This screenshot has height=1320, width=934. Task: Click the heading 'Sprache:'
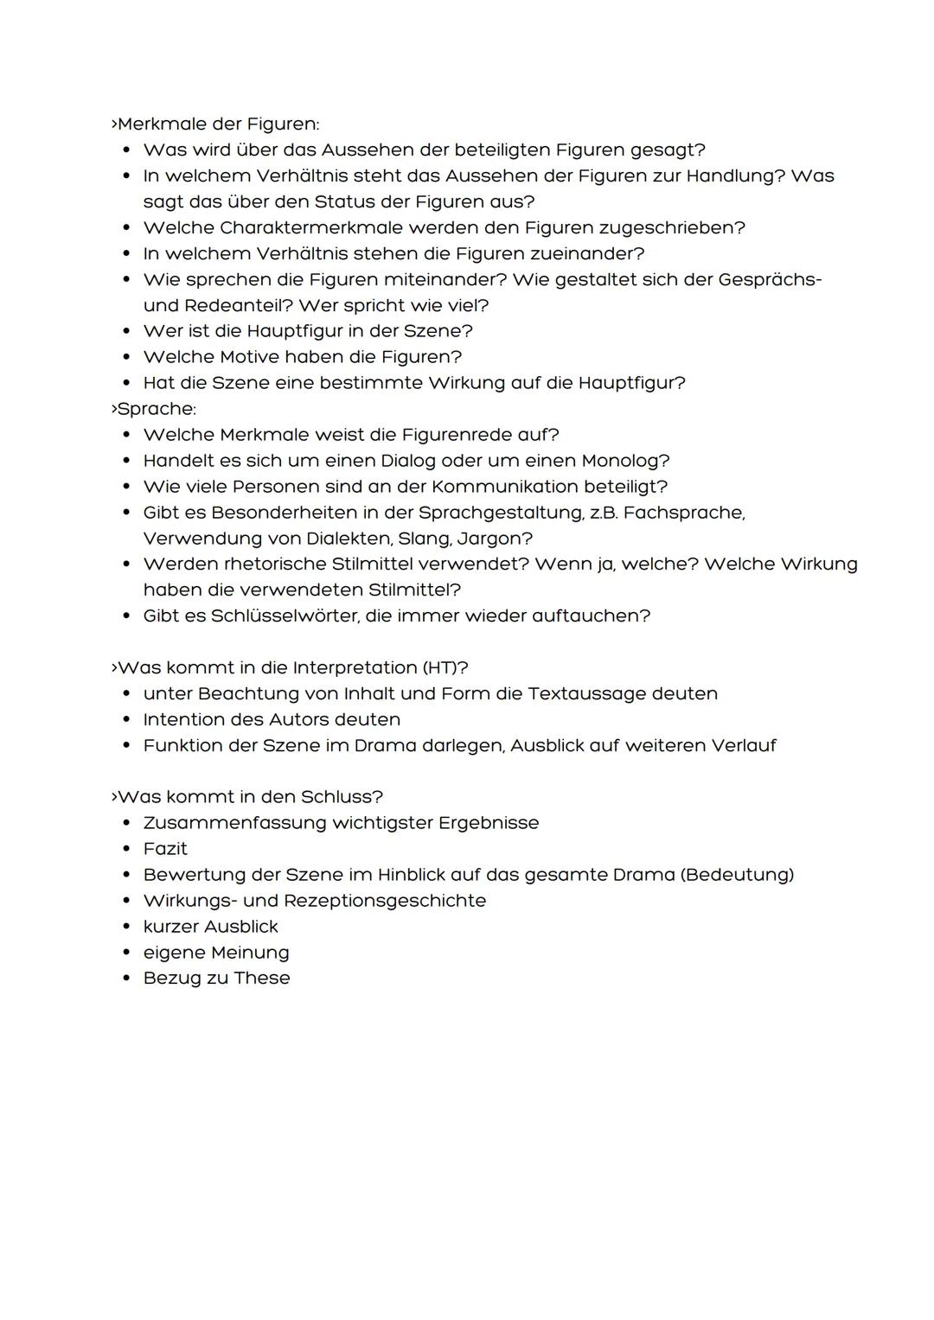click(157, 408)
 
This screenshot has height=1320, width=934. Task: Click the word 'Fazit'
click(165, 848)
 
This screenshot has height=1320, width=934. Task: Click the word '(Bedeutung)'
click(737, 874)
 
